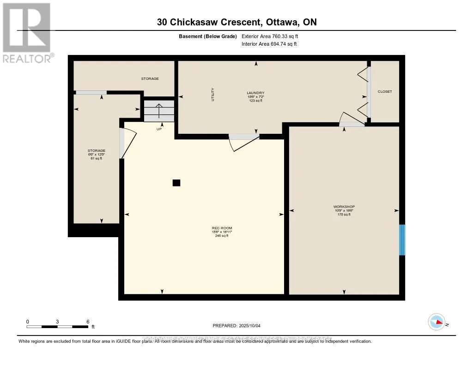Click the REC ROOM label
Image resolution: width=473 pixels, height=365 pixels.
click(222, 228)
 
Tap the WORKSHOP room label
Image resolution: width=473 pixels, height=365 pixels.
click(344, 207)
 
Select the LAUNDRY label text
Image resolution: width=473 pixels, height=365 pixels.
click(255, 93)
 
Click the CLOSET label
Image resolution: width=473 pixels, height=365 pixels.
click(385, 91)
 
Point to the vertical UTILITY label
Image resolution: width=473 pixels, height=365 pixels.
click(213, 95)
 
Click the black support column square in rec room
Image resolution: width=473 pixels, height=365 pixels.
click(176, 183)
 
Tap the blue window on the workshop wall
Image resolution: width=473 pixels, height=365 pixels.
click(402, 239)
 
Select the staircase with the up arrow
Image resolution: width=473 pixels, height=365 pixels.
click(159, 111)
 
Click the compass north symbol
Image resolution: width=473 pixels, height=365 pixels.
click(437, 322)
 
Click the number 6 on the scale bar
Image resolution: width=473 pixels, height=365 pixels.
click(87, 321)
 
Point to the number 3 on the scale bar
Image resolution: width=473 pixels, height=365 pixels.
click(57, 321)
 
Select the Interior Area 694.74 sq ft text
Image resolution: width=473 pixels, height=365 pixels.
click(269, 44)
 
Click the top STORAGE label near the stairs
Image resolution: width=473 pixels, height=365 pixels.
click(150, 78)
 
